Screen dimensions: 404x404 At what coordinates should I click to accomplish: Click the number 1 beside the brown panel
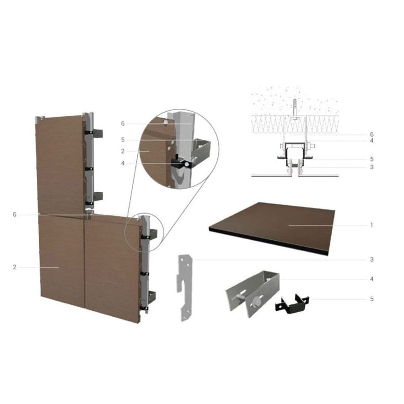pyautogui.click(x=372, y=225)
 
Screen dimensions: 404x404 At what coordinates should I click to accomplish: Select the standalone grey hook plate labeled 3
pyautogui.click(x=185, y=288)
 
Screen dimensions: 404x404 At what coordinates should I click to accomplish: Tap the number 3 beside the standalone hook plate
pyautogui.click(x=372, y=259)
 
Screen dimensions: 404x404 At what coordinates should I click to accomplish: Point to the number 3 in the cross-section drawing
pyautogui.click(x=372, y=167)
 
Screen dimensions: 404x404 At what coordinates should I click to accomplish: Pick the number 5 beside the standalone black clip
pyautogui.click(x=372, y=299)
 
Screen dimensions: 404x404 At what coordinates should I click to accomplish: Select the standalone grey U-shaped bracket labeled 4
pyautogui.click(x=253, y=294)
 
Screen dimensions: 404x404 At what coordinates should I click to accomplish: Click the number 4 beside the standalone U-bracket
pyautogui.click(x=372, y=279)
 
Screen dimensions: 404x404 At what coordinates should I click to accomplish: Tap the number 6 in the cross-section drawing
pyautogui.click(x=372, y=135)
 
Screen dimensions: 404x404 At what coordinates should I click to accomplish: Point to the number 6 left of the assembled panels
pyautogui.click(x=15, y=215)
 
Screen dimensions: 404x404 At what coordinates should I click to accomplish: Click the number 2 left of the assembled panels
pyautogui.click(x=15, y=267)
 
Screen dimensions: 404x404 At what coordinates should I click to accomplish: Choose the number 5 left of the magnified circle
pyautogui.click(x=123, y=140)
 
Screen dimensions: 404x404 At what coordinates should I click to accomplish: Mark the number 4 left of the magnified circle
pyautogui.click(x=123, y=164)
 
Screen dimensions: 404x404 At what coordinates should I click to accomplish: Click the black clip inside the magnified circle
pyautogui.click(x=182, y=163)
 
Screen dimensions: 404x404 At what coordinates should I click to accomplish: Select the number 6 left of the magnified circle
pyautogui.click(x=123, y=124)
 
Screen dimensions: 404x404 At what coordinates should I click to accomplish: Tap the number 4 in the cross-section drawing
pyautogui.click(x=372, y=141)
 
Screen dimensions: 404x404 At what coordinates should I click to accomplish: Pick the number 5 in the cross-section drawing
pyautogui.click(x=372, y=159)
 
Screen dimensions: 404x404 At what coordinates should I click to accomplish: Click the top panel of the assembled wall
pyautogui.click(x=61, y=165)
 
